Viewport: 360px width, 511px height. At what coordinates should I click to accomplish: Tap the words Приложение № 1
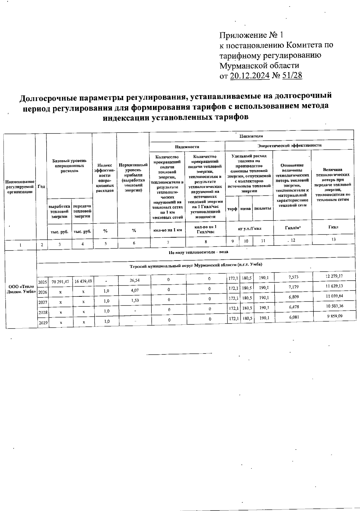pyautogui.click(x=251, y=35)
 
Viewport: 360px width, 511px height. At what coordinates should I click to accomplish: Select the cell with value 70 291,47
pyautogui.click(x=60, y=281)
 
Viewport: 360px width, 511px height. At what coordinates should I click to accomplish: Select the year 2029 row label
pyautogui.click(x=43, y=323)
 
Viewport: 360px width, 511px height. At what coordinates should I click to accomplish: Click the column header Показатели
pyautogui.click(x=251, y=136)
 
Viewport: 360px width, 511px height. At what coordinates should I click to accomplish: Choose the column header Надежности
pyautogui.click(x=187, y=147)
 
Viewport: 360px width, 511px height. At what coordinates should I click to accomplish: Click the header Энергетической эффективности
pyautogui.click(x=290, y=145)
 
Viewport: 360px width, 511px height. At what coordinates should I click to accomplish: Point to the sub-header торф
pyautogui.click(x=232, y=209)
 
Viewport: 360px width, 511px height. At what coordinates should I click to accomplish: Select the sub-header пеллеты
pyautogui.click(x=263, y=208)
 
